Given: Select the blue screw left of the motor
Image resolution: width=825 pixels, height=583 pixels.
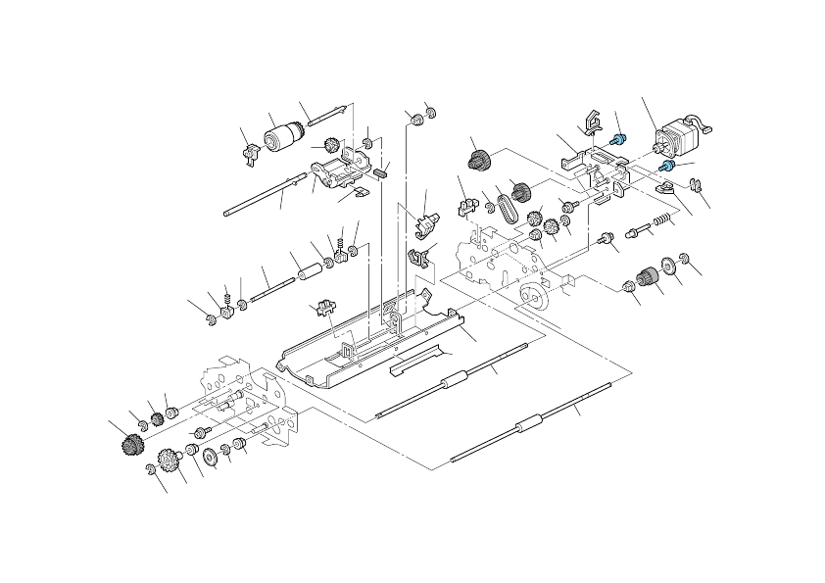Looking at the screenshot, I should [617, 140].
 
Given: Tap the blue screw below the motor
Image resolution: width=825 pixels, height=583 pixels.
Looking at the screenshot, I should [666, 176].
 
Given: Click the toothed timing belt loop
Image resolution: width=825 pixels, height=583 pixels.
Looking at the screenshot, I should [507, 208].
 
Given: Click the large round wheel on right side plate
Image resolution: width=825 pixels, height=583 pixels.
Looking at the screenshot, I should [533, 296].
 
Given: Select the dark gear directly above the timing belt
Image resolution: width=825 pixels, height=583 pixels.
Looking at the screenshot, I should [479, 160].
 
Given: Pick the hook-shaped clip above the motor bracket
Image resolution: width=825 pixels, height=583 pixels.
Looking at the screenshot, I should [591, 122].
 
